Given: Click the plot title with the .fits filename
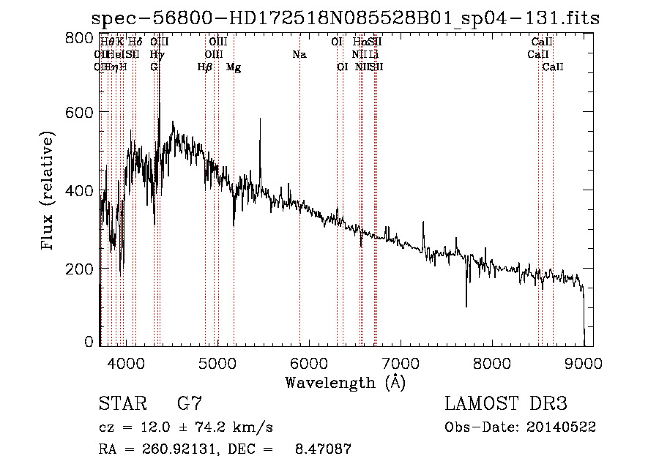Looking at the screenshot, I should [345, 18].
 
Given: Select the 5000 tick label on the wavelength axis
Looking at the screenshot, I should [217, 362].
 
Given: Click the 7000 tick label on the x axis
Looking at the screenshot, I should [400, 362].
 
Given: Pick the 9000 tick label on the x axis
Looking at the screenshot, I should [583, 362].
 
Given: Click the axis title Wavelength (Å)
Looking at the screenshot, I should [345, 382].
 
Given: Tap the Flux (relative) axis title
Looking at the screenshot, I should [48, 192].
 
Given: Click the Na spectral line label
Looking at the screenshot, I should [299, 54].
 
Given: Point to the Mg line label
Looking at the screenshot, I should [234, 67].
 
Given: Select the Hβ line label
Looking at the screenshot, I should [205, 67].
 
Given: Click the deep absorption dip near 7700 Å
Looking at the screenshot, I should [466, 302].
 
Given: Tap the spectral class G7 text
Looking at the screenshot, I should [190, 404].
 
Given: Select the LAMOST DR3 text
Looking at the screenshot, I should [506, 404].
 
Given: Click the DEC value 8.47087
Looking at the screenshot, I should [322, 449].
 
